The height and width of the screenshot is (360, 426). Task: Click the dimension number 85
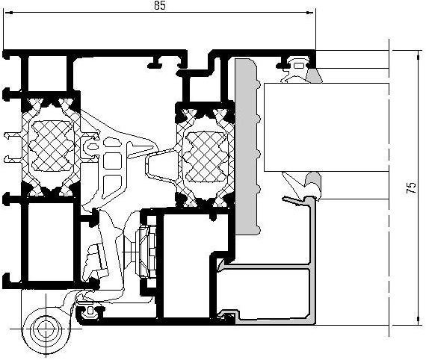tap(159, 5)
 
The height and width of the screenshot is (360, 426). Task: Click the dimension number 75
tap(411, 187)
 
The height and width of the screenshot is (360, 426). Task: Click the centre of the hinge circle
tap(46, 329)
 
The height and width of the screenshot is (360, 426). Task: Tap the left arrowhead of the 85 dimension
tap(9, 12)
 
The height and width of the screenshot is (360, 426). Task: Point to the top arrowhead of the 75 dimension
tap(419, 55)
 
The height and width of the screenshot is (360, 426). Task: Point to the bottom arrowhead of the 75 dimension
tap(419, 320)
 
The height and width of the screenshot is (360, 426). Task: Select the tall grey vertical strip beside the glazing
tap(247, 146)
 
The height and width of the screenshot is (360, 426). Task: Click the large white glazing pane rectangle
tap(327, 127)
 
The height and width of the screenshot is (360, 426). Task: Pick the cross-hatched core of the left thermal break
tap(51, 146)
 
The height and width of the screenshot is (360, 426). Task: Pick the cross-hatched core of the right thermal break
tap(206, 157)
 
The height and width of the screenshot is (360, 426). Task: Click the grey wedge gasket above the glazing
tap(315, 75)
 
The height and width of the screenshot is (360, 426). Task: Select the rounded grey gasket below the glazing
tap(313, 182)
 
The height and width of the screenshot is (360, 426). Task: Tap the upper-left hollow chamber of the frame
tap(47, 73)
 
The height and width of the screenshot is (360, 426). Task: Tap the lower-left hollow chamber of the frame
tap(51, 242)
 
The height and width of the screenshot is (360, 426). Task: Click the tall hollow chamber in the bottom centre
tap(186, 266)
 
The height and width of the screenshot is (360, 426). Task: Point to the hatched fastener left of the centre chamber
tap(146, 252)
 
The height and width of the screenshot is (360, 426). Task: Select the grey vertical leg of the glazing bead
tap(312, 261)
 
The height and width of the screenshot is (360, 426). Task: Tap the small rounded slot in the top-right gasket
tap(299, 66)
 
